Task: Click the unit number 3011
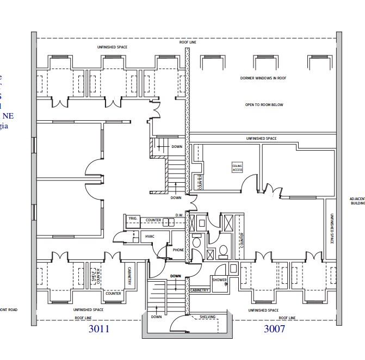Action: click(98, 329)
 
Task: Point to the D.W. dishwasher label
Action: click(179, 215)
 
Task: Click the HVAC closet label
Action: click(150, 237)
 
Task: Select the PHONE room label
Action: click(178, 250)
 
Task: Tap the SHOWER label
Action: click(220, 280)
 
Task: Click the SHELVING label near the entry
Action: click(208, 316)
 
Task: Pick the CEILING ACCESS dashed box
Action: click(237, 168)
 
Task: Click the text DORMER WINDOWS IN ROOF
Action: click(263, 78)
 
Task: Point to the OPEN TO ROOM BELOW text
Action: click(264, 105)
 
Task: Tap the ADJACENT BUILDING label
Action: click(357, 201)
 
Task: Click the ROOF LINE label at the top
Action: click(188, 42)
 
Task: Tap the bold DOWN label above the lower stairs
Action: click(175, 276)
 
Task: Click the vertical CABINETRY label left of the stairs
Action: click(130, 275)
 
